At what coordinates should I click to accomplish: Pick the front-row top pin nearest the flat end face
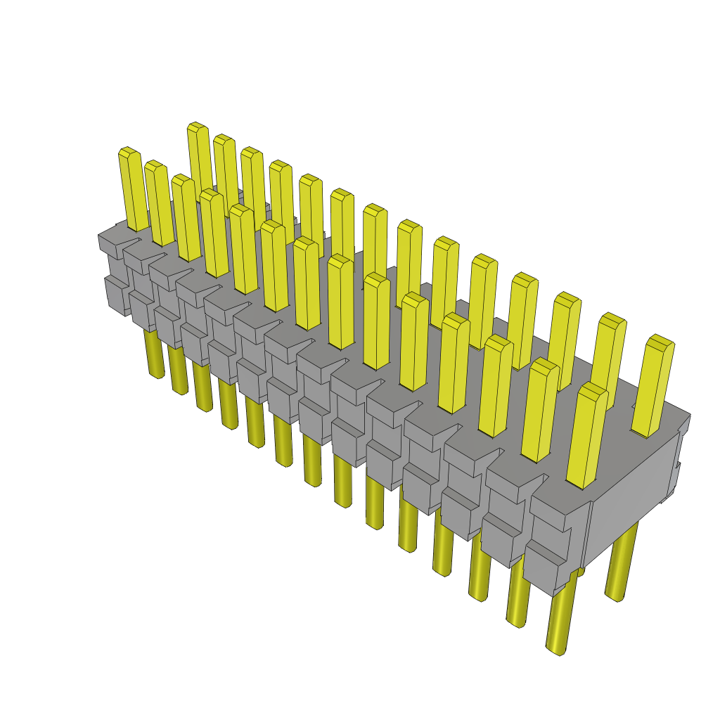(x=587, y=436)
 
